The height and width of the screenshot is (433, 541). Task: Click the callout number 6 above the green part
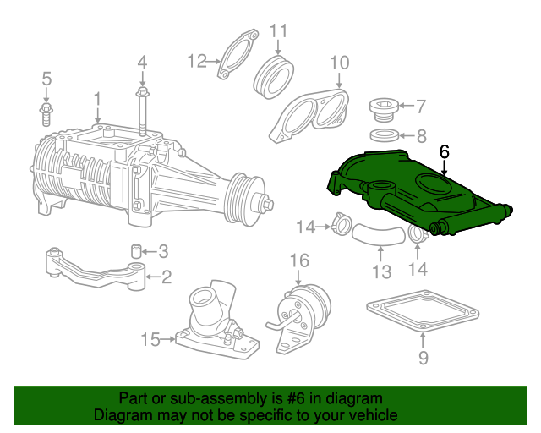tap(445, 152)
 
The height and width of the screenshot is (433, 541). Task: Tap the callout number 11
tap(278, 31)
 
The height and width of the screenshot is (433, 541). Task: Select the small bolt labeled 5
tap(46, 114)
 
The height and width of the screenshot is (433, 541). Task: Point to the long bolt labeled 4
tap(142, 112)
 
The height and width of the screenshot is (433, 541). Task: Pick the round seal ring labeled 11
tap(274, 77)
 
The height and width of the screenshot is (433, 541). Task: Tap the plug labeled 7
tap(384, 110)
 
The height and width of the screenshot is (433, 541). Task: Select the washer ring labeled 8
tap(385, 135)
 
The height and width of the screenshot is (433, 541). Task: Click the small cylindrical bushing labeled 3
tap(137, 251)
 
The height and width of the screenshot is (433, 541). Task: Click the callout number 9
tap(424, 358)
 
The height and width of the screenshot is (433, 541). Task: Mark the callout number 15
tap(150, 340)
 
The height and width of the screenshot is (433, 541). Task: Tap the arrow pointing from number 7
tap(407, 106)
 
